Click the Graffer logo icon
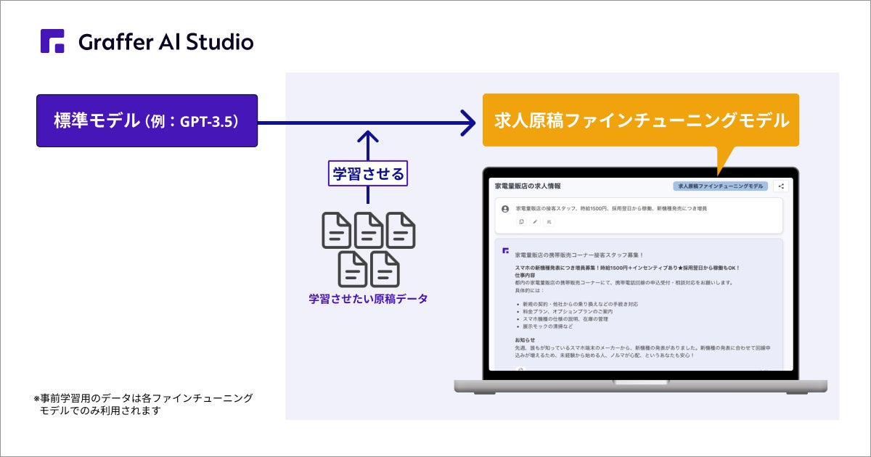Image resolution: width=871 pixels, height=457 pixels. click(52, 41)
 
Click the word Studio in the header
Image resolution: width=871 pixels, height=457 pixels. click(218, 42)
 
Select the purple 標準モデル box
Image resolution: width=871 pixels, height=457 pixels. click(147, 120)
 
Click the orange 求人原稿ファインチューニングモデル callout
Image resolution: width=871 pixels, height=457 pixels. click(640, 120)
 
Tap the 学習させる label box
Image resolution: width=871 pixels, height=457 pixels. click(368, 174)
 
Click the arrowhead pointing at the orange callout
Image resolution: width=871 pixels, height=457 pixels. click(467, 121)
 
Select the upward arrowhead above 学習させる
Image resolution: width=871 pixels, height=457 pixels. click(369, 137)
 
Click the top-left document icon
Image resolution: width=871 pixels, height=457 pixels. click(337, 231)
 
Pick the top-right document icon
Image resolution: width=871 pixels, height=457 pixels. click(401, 231)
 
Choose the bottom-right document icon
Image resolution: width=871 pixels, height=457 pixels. click(385, 268)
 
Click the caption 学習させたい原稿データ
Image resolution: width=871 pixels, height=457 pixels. click(368, 298)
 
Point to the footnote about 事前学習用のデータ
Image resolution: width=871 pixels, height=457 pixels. click(143, 404)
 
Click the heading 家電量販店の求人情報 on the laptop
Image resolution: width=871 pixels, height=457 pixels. click(527, 186)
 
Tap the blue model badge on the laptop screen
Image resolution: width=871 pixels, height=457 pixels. click(719, 186)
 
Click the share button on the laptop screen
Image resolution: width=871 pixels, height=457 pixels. click(781, 186)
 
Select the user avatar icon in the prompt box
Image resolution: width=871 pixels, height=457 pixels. click(505, 209)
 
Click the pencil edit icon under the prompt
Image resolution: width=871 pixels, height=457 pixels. click(535, 222)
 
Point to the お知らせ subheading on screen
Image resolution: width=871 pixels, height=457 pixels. click(525, 339)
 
